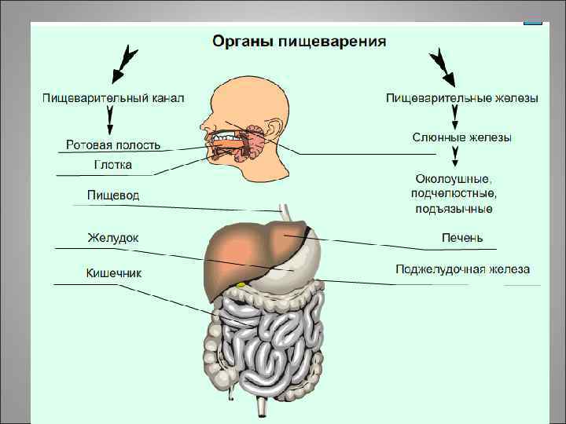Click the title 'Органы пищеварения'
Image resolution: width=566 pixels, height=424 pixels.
[x=300, y=41]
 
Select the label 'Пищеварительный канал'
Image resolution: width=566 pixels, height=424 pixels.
[x=113, y=98]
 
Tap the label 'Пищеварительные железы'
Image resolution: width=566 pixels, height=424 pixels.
[x=462, y=98]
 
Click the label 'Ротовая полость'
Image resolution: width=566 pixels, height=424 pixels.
[x=113, y=144]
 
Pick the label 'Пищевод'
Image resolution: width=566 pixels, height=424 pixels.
[x=114, y=195]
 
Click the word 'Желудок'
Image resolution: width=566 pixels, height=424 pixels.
[x=113, y=236]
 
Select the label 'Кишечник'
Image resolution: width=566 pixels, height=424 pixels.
[x=114, y=272]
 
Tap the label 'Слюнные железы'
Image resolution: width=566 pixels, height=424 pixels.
[x=462, y=137]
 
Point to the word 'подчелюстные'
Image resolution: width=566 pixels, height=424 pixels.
[x=454, y=194]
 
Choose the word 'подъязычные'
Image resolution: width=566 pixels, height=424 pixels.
[x=454, y=209]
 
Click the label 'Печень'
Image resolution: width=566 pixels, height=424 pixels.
[x=462, y=237]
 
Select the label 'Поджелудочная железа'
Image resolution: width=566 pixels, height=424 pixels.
[x=462, y=269]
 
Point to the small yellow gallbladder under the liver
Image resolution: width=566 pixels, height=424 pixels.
[x=241, y=283]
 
